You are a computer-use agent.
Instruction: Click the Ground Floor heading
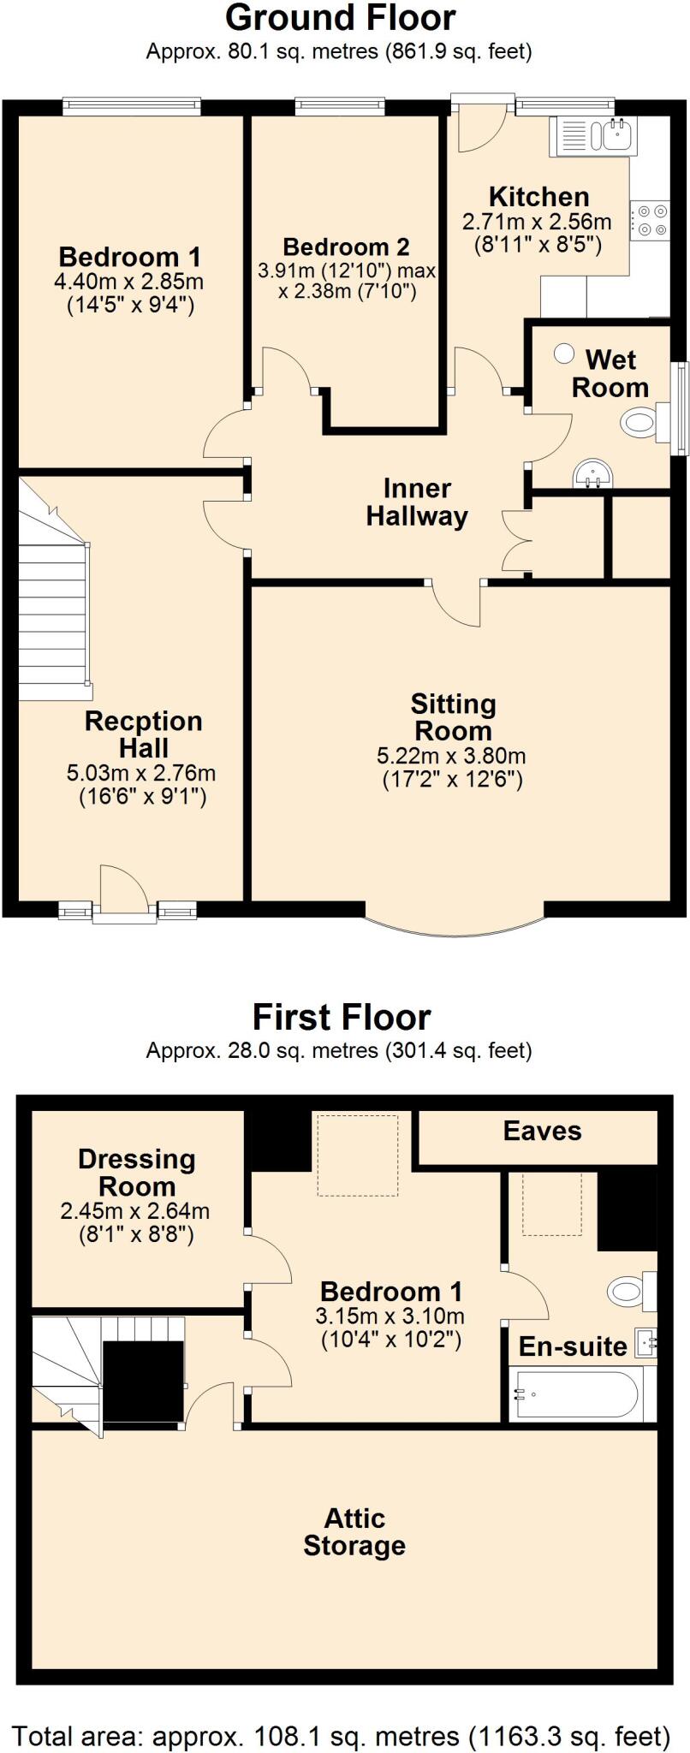pos(340,17)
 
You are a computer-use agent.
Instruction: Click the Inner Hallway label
pos(417,502)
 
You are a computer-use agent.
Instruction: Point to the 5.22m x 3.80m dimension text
pos(451,757)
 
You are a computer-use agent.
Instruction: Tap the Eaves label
pos(542,1131)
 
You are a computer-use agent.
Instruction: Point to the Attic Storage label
pos(354,1532)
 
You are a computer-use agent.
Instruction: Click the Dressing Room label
pos(137,1173)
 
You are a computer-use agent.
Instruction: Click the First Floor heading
pos(341,1018)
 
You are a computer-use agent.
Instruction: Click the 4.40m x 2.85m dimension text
pos(129,282)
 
